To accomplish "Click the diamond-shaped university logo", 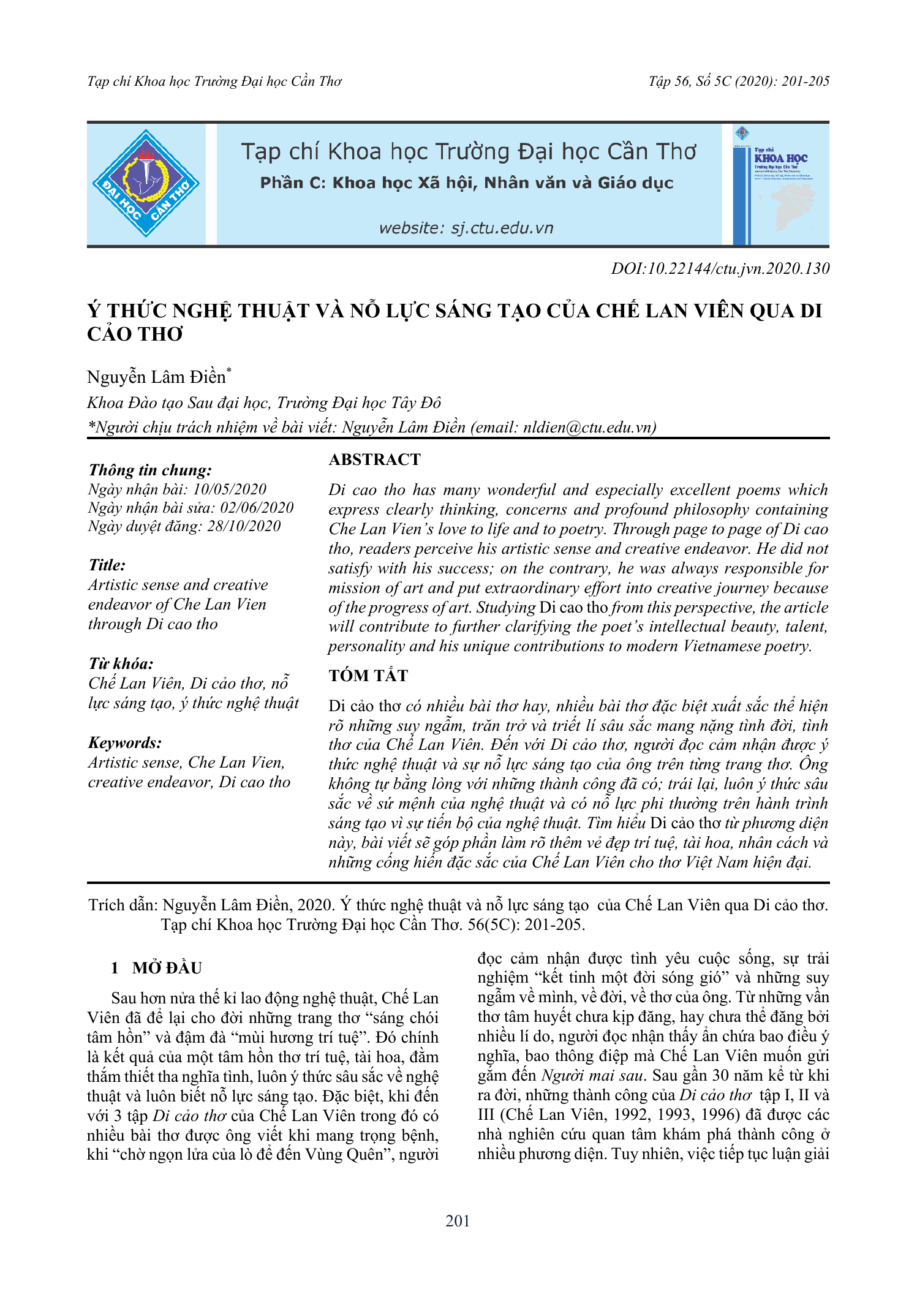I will [x=146, y=183].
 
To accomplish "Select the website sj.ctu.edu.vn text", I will [x=466, y=228].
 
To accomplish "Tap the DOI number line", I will [x=720, y=268].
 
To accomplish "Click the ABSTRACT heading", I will [x=375, y=459].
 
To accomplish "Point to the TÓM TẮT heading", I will [x=368, y=676].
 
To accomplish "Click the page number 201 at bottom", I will [x=458, y=1221].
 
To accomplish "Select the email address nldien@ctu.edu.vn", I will [x=588, y=427].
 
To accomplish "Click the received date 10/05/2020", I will [x=230, y=489].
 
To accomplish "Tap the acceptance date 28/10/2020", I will [x=244, y=526].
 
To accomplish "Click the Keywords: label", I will [x=125, y=742].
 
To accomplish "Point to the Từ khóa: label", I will [x=121, y=663].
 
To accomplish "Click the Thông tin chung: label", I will [x=150, y=470].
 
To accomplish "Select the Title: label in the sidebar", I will [x=107, y=565].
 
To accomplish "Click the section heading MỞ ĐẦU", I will [x=167, y=968].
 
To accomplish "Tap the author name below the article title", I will [x=157, y=377].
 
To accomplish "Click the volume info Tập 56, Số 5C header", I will [x=739, y=81].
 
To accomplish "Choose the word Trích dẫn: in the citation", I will [x=123, y=905].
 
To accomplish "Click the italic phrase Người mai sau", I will [x=593, y=1075].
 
